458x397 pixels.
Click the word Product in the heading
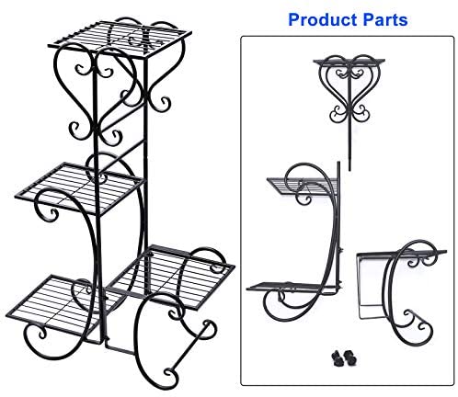click(x=323, y=20)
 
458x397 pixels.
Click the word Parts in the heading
click(x=385, y=20)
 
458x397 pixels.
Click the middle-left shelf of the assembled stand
click(x=79, y=187)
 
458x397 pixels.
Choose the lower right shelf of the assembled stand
click(x=172, y=277)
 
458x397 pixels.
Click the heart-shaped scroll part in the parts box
click(x=349, y=89)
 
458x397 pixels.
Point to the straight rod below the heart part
click(x=349, y=147)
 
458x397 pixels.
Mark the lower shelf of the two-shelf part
click(x=292, y=287)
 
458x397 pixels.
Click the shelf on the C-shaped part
click(x=402, y=253)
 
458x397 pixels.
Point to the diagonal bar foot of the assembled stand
click(x=190, y=348)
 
